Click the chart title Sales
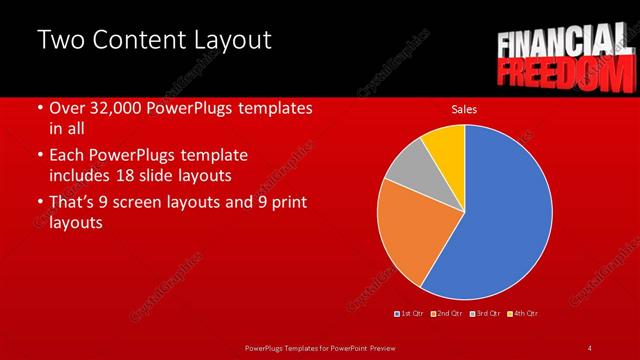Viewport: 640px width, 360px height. click(464, 108)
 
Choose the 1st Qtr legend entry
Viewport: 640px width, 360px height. click(410, 314)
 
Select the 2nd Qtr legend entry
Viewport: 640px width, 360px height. click(447, 314)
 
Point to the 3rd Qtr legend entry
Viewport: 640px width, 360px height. click(484, 314)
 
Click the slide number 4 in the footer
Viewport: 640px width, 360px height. click(590, 347)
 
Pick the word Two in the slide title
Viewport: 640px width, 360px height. click(59, 41)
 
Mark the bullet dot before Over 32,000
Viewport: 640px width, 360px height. click(39, 108)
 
